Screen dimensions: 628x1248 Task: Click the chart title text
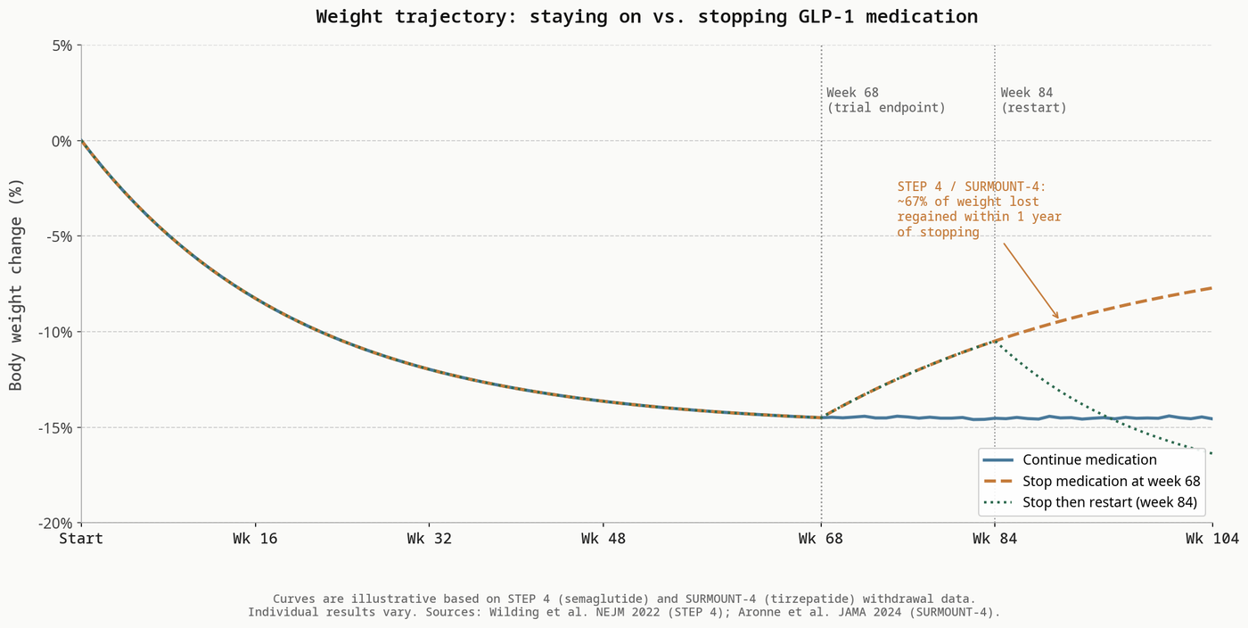click(646, 17)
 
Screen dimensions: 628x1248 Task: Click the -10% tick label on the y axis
click(58, 332)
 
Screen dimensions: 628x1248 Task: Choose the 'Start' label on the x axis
click(81, 539)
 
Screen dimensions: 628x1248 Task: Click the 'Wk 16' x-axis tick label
click(255, 539)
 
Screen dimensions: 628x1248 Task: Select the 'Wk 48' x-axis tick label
click(603, 539)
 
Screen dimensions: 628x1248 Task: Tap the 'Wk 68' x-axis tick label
click(821, 539)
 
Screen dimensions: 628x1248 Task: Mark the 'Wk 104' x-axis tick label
click(1211, 539)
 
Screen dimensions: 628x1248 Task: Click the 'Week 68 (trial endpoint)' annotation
click(885, 100)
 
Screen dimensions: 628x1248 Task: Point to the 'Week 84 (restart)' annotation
click(1033, 100)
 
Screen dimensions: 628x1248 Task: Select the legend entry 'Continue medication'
click(1089, 460)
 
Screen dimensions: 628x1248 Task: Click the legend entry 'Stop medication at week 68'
click(1111, 482)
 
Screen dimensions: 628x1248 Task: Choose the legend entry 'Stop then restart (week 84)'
click(1109, 502)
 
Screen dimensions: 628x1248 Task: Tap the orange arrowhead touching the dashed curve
click(1056, 317)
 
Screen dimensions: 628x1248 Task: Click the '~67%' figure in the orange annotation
click(914, 202)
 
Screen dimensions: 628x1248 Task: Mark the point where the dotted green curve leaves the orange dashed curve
click(995, 341)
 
